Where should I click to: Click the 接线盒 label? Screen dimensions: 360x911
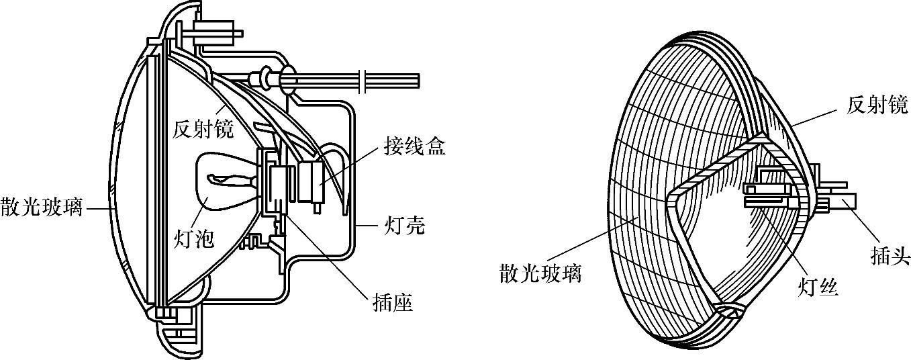click(414, 146)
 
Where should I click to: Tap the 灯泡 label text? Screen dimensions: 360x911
click(195, 238)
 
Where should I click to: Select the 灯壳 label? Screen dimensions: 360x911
click(403, 225)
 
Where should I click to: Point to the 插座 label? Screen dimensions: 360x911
click(392, 303)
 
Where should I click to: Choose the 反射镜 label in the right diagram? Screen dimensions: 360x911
click(877, 104)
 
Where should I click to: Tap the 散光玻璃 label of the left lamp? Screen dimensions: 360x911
click(41, 208)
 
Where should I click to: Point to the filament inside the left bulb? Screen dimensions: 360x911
click(228, 180)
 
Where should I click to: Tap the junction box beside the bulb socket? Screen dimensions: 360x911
click(313, 181)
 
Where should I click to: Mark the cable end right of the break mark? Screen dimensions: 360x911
click(396, 79)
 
